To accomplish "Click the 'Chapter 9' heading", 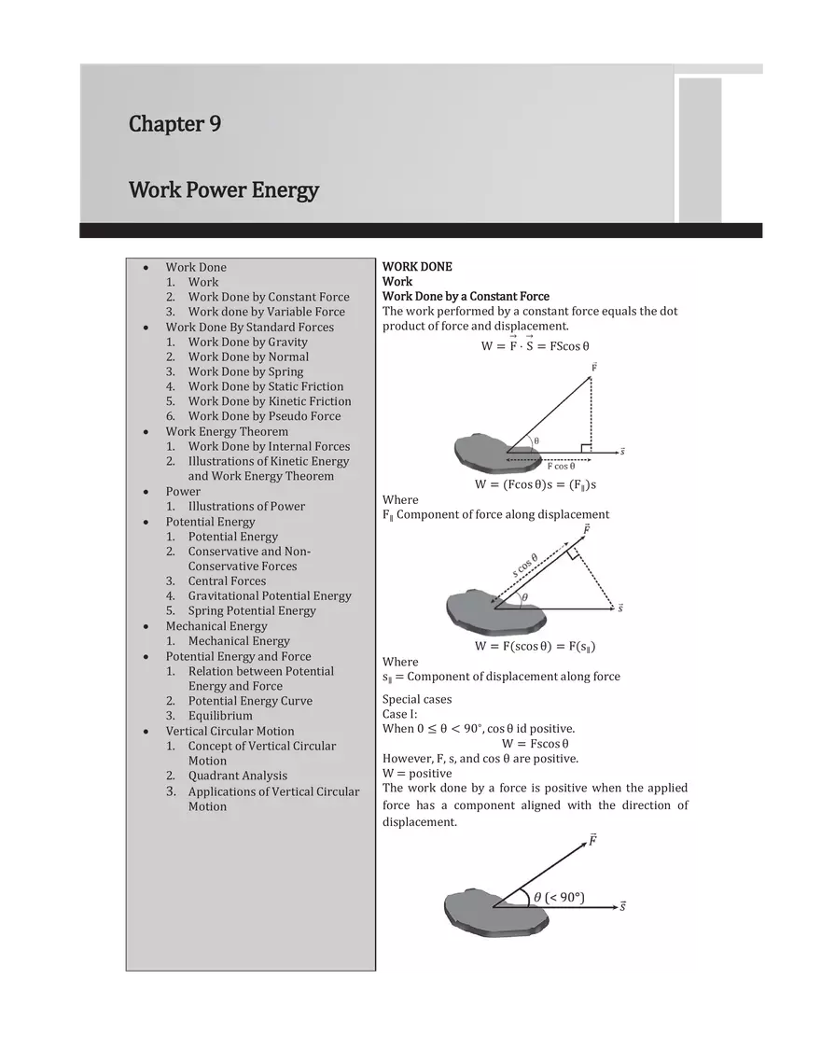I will coord(174,124).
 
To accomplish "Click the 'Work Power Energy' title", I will coord(224,190).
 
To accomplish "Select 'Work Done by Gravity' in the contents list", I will coord(247,342).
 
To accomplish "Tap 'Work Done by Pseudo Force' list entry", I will coord(264,416).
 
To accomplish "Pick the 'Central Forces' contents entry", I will coord(227,580).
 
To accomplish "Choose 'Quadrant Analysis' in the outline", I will coord(238,776).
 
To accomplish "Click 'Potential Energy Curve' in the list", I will coord(250,701).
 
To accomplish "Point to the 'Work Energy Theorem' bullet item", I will coord(227,431).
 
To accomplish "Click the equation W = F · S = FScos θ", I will coord(535,345).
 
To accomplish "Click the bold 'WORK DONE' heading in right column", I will coord(417,267).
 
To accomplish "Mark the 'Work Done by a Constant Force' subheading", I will coord(466,297).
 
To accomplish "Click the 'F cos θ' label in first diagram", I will coord(561,466).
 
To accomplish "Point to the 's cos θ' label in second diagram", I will coord(525,566).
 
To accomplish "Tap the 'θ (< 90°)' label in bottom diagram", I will coord(559,897).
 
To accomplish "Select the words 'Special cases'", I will coord(417,699).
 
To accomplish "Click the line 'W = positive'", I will coord(417,773).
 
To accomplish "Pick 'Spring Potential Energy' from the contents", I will coord(252,610).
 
